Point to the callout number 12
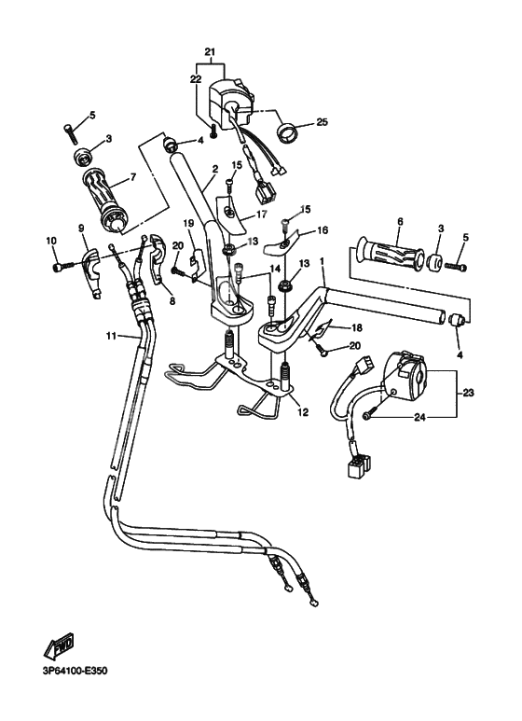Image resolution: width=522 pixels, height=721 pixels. point(300,411)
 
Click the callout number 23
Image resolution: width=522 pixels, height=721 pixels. point(468,394)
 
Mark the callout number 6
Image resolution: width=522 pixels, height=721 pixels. point(399,221)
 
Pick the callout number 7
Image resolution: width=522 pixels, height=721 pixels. point(133,176)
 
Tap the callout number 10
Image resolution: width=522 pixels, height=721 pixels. point(50,242)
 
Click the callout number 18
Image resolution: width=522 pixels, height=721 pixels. point(356,328)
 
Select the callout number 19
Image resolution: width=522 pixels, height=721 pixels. point(187,223)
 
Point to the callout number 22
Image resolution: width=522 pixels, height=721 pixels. point(196,80)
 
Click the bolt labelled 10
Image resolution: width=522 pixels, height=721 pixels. point(62,267)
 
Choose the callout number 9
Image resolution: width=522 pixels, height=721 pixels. point(81,229)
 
